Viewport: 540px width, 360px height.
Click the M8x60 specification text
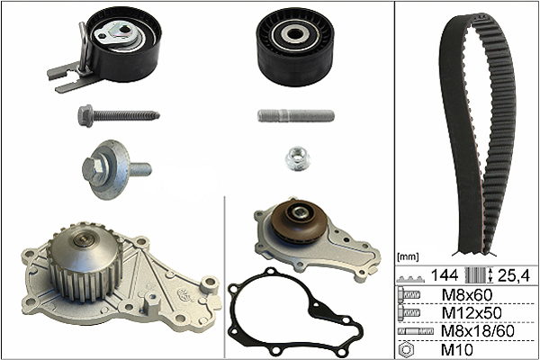[x=466, y=295]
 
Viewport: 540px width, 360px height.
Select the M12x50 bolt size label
[x=472, y=313]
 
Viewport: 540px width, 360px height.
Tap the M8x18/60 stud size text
[x=478, y=331]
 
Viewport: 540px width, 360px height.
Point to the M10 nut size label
[x=457, y=350]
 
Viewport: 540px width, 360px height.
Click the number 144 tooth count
[x=445, y=275]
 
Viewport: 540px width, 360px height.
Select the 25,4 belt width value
[x=514, y=275]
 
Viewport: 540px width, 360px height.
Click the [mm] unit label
[x=408, y=256]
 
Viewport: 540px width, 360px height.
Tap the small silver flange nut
[x=298, y=158]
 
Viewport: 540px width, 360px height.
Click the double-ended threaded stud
[x=296, y=115]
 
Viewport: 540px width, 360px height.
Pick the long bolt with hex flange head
[x=119, y=115]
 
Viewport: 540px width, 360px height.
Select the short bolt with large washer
[x=115, y=169]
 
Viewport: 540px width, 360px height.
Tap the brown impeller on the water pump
[x=298, y=220]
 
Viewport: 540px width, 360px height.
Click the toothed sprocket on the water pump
[x=85, y=262]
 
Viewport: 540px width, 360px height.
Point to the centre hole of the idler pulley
[x=294, y=34]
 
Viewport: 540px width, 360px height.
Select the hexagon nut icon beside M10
[x=406, y=350]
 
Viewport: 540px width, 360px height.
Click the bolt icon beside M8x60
[x=409, y=294]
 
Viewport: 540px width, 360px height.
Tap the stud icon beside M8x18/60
[x=415, y=331]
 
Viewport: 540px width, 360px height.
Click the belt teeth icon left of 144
[x=410, y=278]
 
